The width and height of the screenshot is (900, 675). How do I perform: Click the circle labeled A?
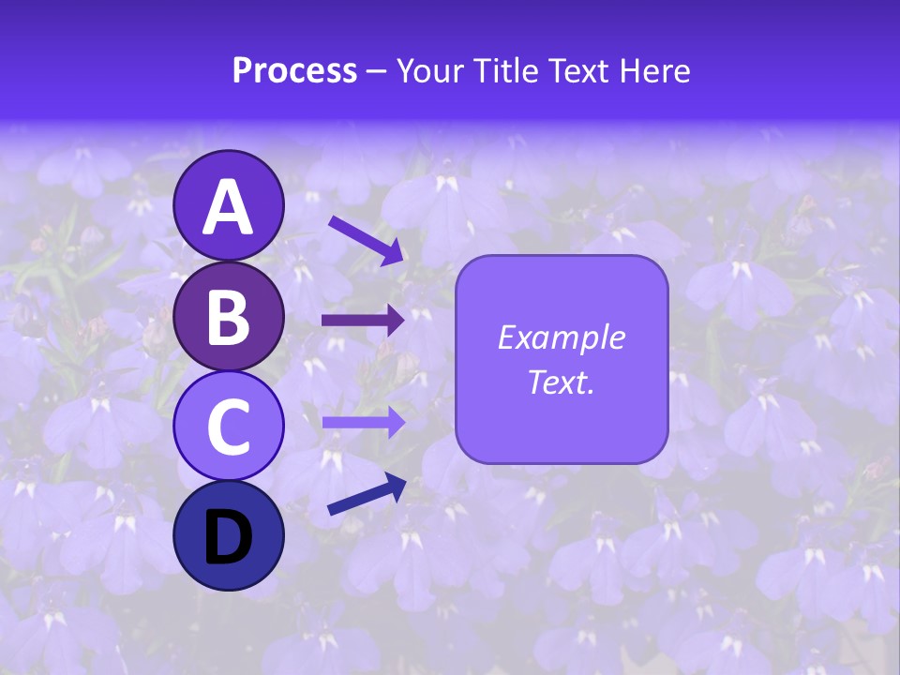tap(229, 206)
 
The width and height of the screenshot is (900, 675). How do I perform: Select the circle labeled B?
tap(229, 316)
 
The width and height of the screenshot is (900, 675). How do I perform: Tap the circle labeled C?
tap(229, 426)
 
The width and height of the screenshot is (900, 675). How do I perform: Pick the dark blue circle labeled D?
tap(229, 535)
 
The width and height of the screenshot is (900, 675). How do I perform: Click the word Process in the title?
tap(294, 70)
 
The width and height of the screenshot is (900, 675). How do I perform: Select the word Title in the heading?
tap(507, 70)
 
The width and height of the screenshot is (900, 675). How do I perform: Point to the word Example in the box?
tap(562, 337)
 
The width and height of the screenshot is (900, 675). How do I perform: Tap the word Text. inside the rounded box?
tap(562, 382)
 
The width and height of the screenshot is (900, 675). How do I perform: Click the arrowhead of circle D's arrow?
tap(397, 485)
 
